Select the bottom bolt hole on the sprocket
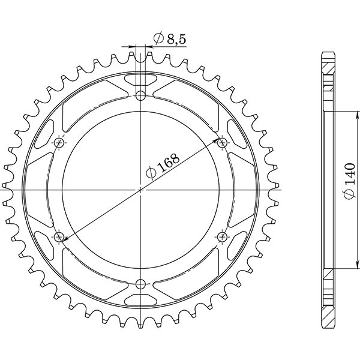point(140,284)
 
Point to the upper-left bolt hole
point(59,142)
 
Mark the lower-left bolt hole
point(59,237)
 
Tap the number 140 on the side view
point(350,172)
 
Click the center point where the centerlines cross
point(140,190)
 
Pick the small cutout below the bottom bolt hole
point(140,300)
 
